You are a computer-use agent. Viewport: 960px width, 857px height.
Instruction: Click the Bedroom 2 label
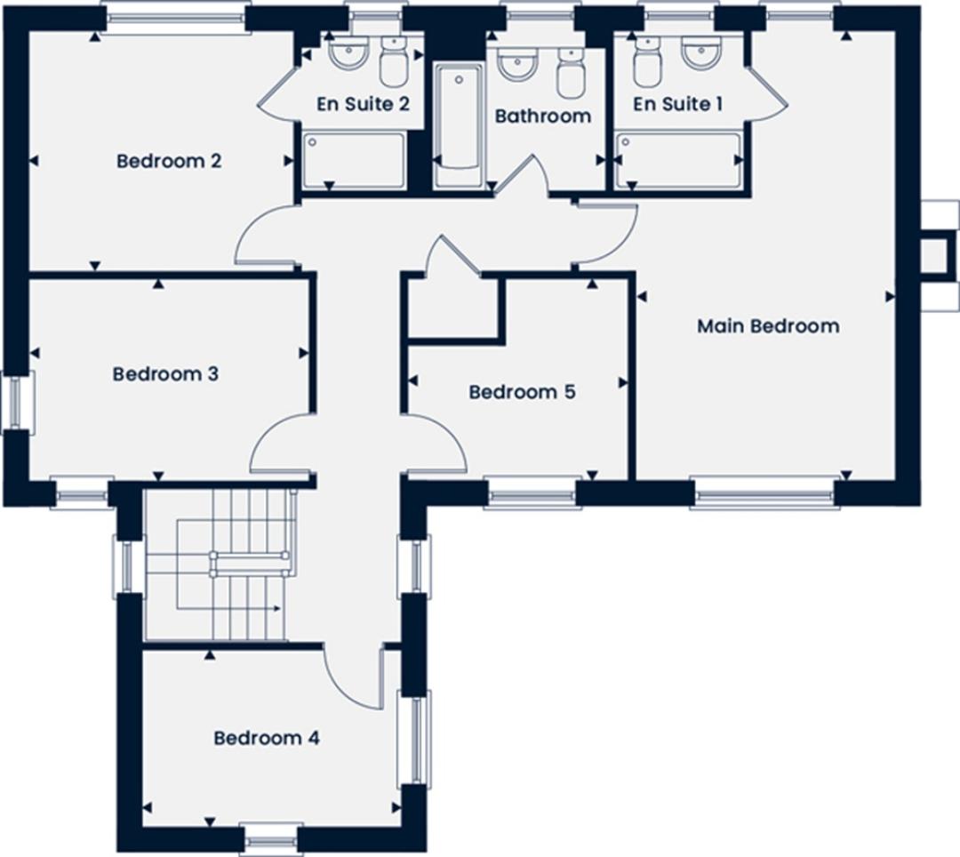point(169,161)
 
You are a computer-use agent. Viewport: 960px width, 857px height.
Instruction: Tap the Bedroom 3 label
point(165,373)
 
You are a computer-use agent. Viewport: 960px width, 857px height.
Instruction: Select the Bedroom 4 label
point(267,738)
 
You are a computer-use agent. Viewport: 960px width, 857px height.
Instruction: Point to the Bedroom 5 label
point(523,392)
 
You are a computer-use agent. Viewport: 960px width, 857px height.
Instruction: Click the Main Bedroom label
point(768,325)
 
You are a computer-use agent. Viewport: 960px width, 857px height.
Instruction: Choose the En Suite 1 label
point(677,104)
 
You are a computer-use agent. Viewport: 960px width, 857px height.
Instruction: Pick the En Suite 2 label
point(363,104)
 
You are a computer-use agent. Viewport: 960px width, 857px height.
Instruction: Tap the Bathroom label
point(543,116)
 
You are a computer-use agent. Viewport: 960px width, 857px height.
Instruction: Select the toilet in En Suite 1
point(648,62)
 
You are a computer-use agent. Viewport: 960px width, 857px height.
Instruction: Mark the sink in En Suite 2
point(349,53)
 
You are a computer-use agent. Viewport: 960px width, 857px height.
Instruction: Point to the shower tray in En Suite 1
point(678,160)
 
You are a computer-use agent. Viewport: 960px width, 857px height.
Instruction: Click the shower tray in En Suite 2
point(353,160)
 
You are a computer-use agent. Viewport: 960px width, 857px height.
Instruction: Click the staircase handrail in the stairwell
point(249,564)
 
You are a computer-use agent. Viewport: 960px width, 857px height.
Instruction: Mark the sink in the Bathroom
point(517,64)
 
